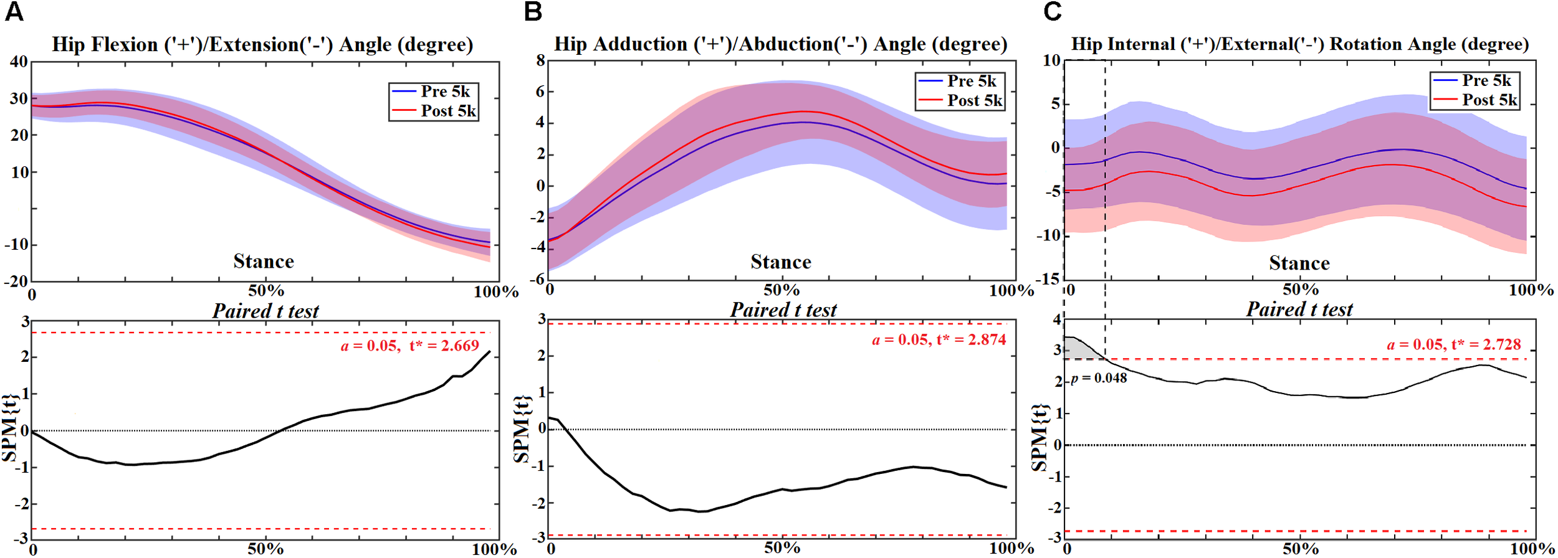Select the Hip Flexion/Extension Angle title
click(x=262, y=45)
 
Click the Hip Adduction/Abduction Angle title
click(x=780, y=44)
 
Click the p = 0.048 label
click(x=1099, y=379)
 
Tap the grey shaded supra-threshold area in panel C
click(x=1077, y=349)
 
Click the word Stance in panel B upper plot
click(x=780, y=262)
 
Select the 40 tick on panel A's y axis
click(x=19, y=62)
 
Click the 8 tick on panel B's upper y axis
click(x=540, y=60)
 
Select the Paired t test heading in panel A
click(x=265, y=311)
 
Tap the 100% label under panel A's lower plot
click(x=494, y=549)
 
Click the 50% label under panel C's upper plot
click(x=1300, y=290)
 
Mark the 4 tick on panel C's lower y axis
click(x=1056, y=319)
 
